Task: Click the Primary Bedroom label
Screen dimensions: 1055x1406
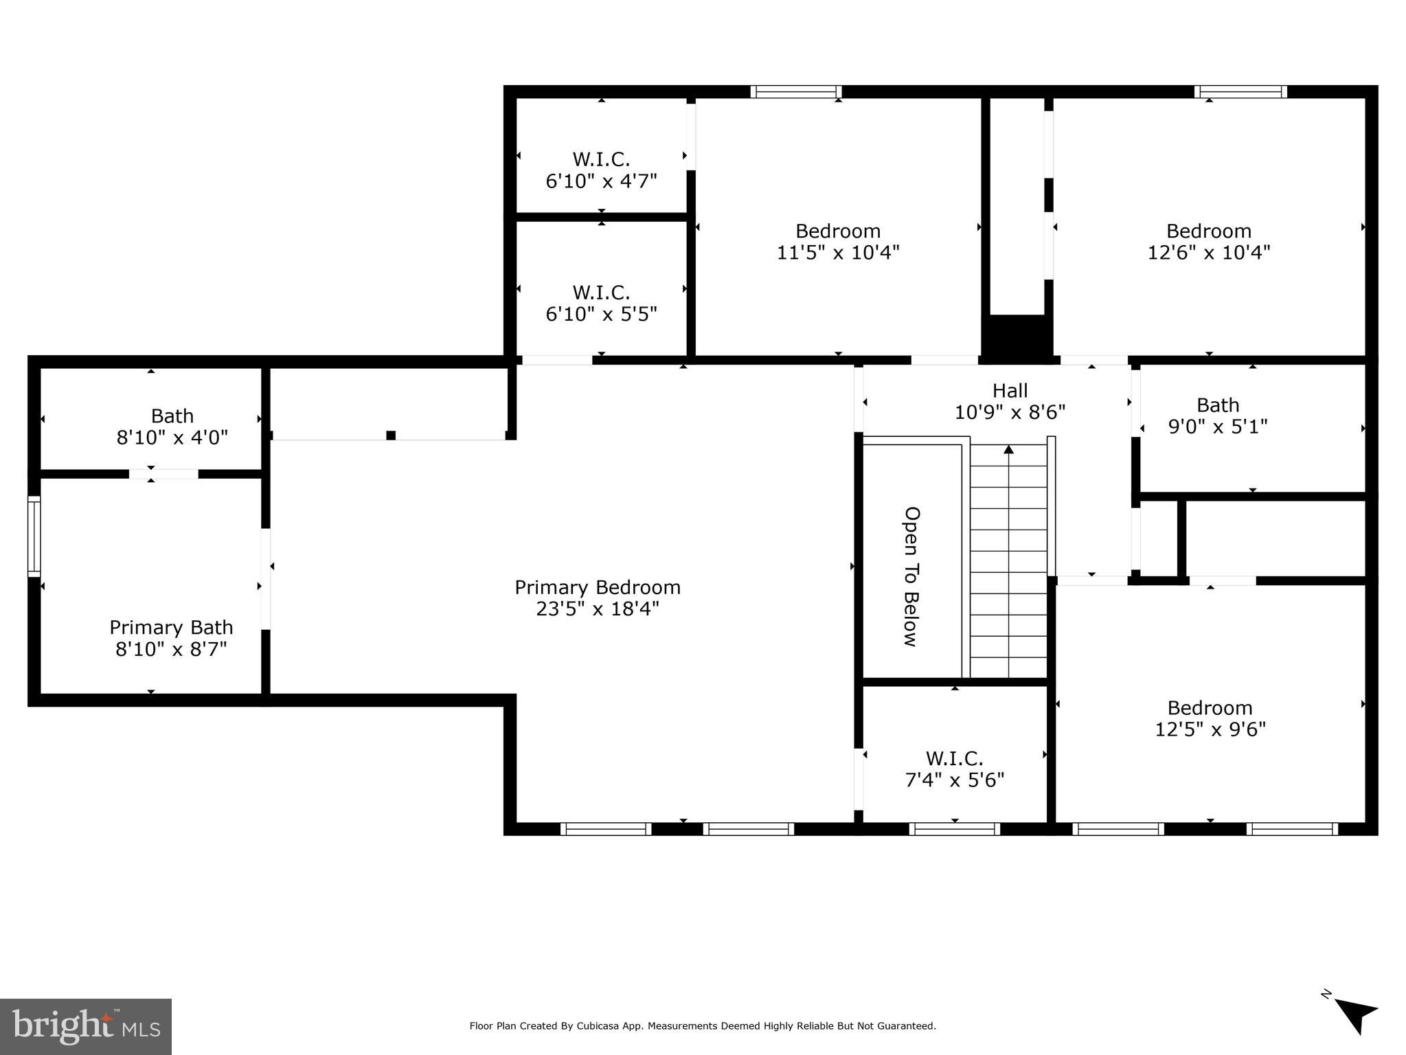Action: tap(597, 587)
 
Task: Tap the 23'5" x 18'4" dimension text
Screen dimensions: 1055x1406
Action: tap(597, 609)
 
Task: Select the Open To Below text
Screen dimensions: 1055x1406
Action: tap(911, 577)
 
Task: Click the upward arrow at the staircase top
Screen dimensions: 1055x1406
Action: tap(1008, 450)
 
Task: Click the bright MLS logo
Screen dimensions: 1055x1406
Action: tap(85, 1027)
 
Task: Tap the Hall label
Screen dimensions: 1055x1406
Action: tap(1010, 391)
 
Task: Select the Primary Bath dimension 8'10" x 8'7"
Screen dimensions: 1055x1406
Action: tap(171, 649)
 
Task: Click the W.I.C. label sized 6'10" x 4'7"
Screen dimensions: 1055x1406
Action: tap(601, 159)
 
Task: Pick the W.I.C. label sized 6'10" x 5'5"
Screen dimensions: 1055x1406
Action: tap(601, 293)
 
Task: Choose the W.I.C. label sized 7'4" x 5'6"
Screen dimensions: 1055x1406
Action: tap(954, 758)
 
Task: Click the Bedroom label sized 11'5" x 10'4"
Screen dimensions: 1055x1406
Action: tap(837, 231)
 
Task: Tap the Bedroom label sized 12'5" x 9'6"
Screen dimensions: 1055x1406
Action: tap(1210, 707)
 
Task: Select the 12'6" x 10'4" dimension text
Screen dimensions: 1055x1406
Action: tap(1209, 253)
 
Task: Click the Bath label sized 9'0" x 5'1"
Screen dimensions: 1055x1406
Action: tap(1217, 405)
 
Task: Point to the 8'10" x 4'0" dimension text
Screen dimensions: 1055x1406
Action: tap(172, 438)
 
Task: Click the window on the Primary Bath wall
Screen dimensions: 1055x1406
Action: tap(34, 536)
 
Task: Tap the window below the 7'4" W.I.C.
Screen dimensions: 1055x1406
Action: tap(954, 829)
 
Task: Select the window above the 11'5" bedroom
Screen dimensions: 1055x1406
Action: tap(795, 92)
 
